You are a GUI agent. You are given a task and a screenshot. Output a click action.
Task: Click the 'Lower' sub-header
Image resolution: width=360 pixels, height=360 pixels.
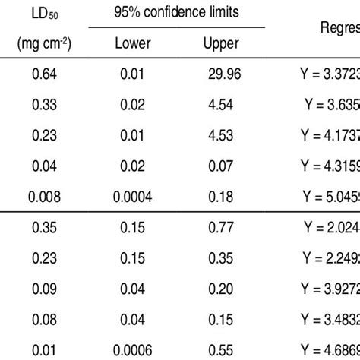132,44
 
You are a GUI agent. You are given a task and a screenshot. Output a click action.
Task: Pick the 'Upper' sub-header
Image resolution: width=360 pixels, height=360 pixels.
221,44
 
